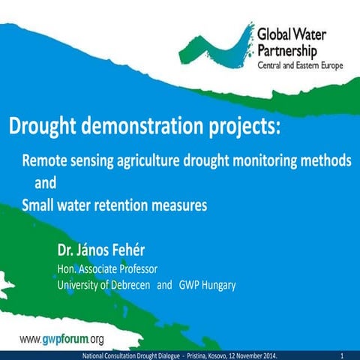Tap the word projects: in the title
click(242, 127)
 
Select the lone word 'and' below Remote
click(46, 182)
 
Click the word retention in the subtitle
click(136, 203)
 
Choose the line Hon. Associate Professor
click(108, 268)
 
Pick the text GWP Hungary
click(208, 285)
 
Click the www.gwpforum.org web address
click(61, 339)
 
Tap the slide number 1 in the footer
click(341, 354)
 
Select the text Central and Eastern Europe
click(301, 65)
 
